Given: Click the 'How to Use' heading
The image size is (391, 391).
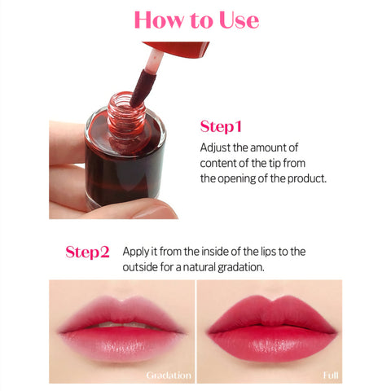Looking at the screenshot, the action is (196, 20).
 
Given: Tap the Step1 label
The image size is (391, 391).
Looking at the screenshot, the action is (221, 127).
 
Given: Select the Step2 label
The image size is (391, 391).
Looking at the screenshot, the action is (87, 253).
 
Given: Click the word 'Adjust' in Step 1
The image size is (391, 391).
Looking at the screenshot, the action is (215, 148).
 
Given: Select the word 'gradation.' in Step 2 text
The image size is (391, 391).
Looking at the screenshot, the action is (241, 268).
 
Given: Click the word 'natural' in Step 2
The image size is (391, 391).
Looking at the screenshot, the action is (199, 267).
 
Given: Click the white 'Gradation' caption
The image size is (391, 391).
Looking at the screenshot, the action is (169, 376).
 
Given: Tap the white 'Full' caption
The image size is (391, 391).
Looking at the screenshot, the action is (331, 376).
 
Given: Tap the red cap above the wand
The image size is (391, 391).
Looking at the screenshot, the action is (177, 50).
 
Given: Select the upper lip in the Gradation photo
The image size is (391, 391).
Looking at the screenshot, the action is (121, 312).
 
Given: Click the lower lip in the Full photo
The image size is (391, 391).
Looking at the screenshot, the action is (272, 344).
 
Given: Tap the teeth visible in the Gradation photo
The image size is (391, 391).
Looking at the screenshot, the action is (123, 324).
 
